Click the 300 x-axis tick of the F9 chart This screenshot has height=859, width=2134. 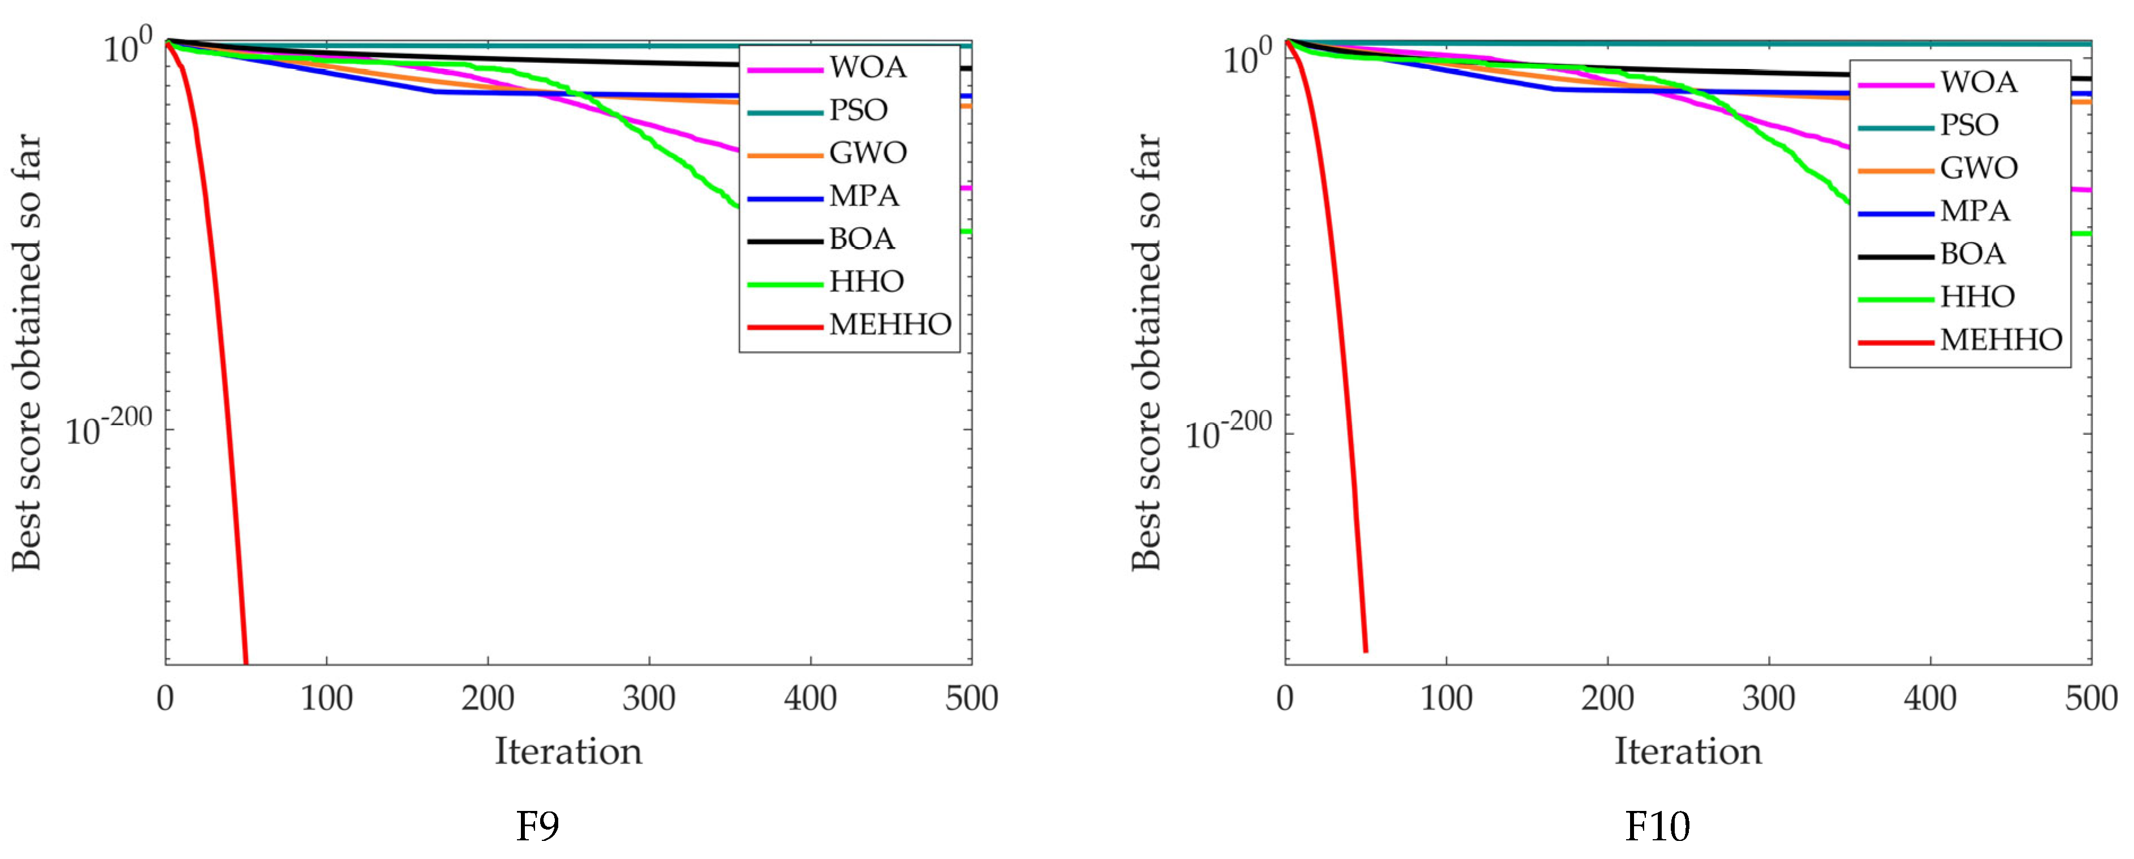click(649, 698)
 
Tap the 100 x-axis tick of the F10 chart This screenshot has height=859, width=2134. click(1446, 698)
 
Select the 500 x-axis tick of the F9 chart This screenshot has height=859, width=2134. click(971, 698)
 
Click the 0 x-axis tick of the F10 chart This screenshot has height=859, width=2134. click(1285, 698)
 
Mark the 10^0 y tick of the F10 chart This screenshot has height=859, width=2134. click(1247, 57)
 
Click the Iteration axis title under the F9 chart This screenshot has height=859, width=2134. click(568, 752)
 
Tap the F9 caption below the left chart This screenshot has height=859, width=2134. click(538, 826)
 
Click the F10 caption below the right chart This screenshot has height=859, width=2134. click(1657, 826)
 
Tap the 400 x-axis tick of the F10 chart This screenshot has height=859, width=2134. click(1930, 698)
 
